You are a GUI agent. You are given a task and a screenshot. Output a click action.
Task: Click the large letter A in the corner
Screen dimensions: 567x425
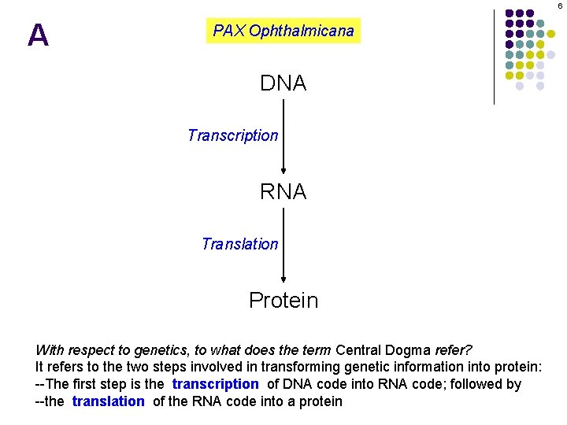pos(38,35)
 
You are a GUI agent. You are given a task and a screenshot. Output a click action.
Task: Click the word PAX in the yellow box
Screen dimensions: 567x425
pos(229,31)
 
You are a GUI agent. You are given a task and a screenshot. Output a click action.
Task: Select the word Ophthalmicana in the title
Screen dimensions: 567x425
pos(302,31)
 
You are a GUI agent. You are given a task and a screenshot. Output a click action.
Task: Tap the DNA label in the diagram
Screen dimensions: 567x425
pos(283,83)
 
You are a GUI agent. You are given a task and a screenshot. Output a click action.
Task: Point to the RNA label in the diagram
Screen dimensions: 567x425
pos(283,192)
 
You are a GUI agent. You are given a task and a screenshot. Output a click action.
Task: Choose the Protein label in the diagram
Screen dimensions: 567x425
pos(283,301)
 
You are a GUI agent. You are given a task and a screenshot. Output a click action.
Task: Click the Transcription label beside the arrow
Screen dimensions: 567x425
pos(233,135)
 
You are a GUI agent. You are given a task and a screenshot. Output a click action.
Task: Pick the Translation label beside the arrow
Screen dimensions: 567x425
pos(240,244)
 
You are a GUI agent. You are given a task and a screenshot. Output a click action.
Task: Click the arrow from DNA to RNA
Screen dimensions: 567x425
pos(283,138)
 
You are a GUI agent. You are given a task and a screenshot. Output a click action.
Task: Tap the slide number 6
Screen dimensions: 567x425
pos(560,6)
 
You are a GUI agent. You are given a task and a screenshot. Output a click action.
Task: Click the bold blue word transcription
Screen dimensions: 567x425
pos(215,384)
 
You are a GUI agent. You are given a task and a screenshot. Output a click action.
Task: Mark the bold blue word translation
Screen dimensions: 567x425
pos(109,401)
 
